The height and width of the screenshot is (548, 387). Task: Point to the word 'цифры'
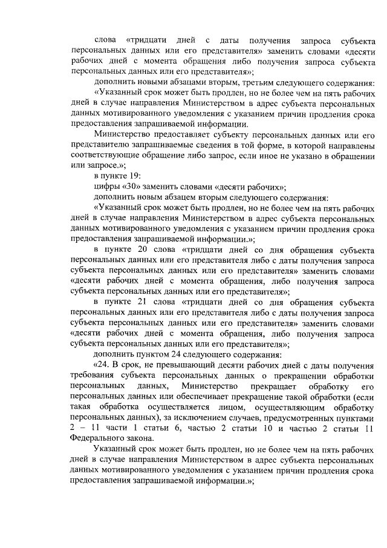point(105,187)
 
